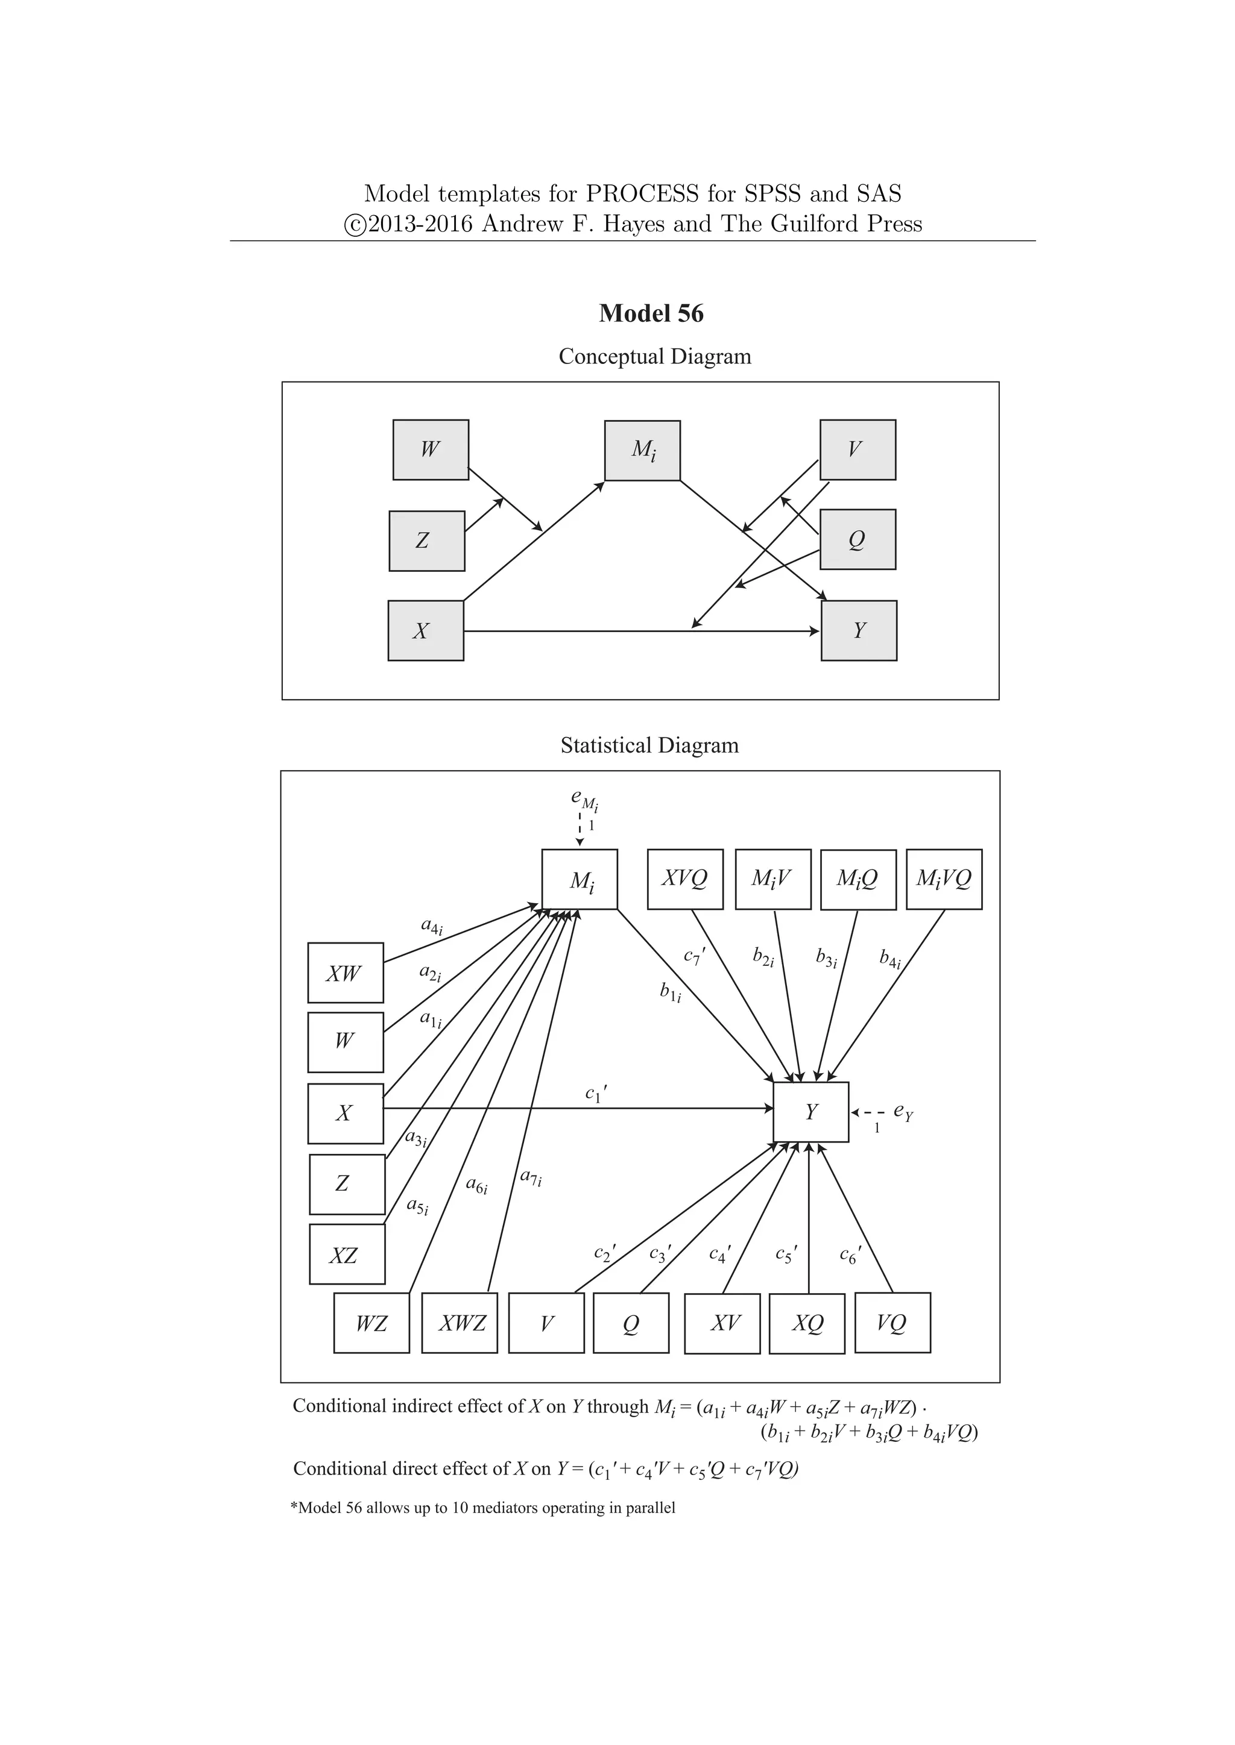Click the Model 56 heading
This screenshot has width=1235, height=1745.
[x=651, y=313]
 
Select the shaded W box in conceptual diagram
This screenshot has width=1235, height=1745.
[x=431, y=450]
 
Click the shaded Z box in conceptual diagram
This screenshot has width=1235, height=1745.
[x=426, y=541]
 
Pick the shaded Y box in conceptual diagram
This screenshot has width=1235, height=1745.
[x=859, y=631]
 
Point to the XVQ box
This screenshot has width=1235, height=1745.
[x=684, y=879]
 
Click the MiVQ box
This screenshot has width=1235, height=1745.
[x=944, y=879]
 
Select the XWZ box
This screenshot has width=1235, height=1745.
[x=460, y=1323]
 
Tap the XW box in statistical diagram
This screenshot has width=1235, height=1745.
[x=346, y=974]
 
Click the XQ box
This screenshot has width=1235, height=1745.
[x=807, y=1323]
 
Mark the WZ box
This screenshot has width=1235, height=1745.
[x=371, y=1323]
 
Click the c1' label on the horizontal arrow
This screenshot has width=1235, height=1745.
[x=595, y=1094]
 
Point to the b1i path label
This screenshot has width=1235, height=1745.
[x=670, y=992]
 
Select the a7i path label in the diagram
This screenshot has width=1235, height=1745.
[x=530, y=1177]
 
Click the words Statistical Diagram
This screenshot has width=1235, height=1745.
[x=649, y=745]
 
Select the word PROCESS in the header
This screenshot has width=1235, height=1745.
[x=641, y=194]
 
